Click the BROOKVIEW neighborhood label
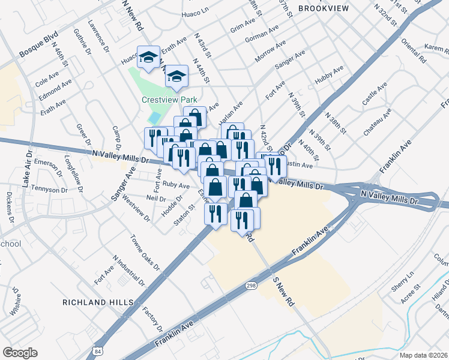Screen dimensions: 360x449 (323, 8)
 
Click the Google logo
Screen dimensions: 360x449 (20, 353)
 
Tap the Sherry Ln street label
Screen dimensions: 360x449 (403, 282)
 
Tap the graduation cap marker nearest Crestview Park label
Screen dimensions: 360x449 (176, 76)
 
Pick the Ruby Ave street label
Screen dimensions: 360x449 (176, 186)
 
